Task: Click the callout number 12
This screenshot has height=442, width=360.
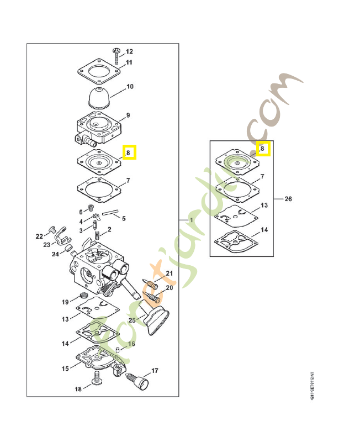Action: click(129, 51)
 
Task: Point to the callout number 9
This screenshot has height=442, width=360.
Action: click(128, 115)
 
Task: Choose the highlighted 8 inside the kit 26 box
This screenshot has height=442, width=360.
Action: click(262, 149)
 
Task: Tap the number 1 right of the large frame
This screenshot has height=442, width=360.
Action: click(191, 220)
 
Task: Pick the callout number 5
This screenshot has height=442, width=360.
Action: click(123, 218)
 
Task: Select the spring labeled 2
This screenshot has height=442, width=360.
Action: click(98, 235)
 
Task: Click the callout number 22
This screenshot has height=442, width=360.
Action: click(39, 236)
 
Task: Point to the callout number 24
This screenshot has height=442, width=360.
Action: click(55, 254)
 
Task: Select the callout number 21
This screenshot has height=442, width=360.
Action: click(170, 273)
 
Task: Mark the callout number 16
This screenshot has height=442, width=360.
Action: click(131, 344)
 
